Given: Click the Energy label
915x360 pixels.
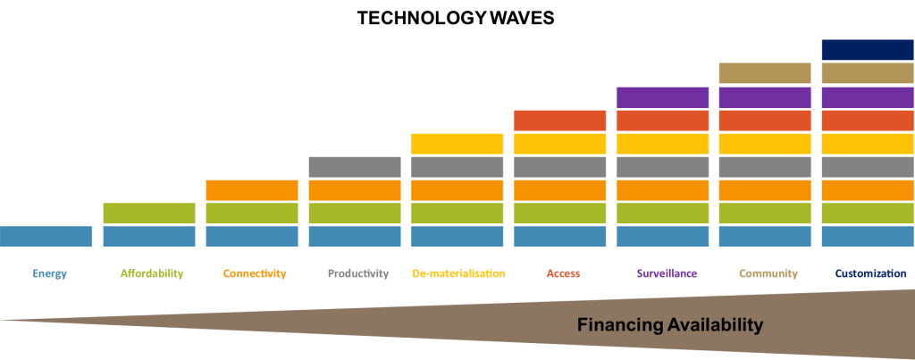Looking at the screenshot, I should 49,273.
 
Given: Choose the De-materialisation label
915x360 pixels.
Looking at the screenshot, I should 459,273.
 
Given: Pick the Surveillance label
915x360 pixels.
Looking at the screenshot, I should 667,273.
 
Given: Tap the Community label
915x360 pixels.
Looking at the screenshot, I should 768,273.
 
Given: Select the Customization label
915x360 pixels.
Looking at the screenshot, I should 870,273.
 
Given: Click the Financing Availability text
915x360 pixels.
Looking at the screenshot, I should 670,324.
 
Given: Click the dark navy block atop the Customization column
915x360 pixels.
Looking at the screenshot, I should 868,50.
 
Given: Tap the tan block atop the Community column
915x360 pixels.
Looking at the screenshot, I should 765,73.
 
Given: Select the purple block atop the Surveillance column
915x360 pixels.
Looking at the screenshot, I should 662,96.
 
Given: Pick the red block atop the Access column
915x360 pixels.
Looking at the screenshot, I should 560,120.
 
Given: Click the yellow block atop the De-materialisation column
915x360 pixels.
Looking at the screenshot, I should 457,143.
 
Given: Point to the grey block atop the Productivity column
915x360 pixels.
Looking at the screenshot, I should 355,166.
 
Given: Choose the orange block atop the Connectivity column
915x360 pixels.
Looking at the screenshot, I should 252,189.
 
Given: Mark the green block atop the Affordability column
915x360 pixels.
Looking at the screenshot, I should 149,213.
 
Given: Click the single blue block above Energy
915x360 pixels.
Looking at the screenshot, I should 46,236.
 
